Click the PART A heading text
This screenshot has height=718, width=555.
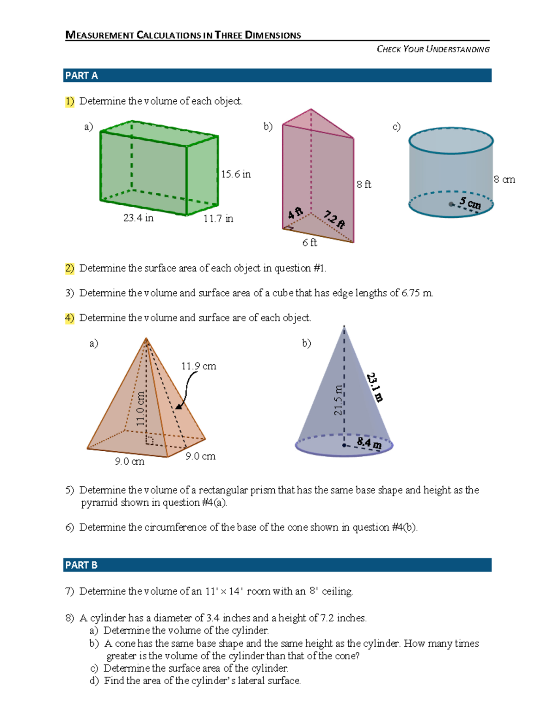click(x=81, y=76)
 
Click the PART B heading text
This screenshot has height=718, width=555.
click(x=81, y=565)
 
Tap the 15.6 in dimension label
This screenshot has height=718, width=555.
click(x=235, y=174)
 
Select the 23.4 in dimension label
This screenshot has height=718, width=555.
click(x=138, y=218)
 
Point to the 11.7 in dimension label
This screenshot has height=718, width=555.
click(x=218, y=219)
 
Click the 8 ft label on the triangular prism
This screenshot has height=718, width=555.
click(x=364, y=184)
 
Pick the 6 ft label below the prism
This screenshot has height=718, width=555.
click(x=309, y=243)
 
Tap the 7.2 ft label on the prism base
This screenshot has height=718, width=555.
click(x=334, y=219)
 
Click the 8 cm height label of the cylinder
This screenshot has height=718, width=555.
click(x=504, y=179)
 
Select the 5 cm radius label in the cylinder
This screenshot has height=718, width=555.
click(x=470, y=203)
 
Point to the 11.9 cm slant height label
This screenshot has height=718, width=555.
click(x=198, y=366)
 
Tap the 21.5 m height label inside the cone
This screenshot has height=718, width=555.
click(x=338, y=400)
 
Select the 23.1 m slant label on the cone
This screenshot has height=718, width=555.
click(x=375, y=387)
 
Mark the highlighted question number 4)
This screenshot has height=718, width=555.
click(x=69, y=318)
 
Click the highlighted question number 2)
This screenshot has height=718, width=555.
click(x=69, y=268)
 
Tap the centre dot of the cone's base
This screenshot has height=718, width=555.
click(x=344, y=445)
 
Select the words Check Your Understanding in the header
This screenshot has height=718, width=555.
click(x=433, y=49)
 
